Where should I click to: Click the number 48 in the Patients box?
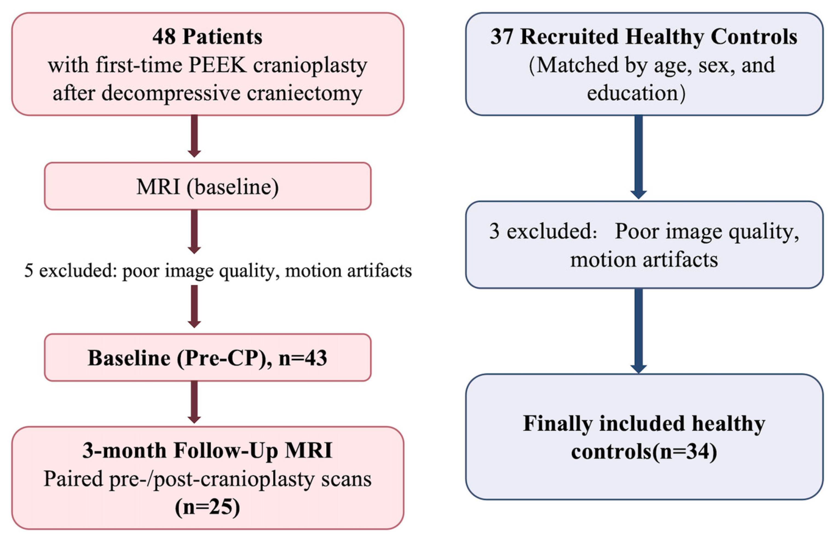tap(164, 37)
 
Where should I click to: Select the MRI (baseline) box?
tap(207, 186)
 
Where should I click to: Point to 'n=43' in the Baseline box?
tap(303, 358)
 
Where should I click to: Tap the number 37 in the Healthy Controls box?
tap(502, 37)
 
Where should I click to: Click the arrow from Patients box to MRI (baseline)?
tap(194, 136)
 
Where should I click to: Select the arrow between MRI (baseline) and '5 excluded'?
tap(194, 232)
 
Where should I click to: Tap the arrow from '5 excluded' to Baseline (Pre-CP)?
tap(194, 307)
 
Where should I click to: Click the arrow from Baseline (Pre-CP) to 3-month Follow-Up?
tap(194, 402)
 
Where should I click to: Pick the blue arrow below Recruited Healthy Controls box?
tap(639, 157)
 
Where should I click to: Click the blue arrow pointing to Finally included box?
tap(639, 331)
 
